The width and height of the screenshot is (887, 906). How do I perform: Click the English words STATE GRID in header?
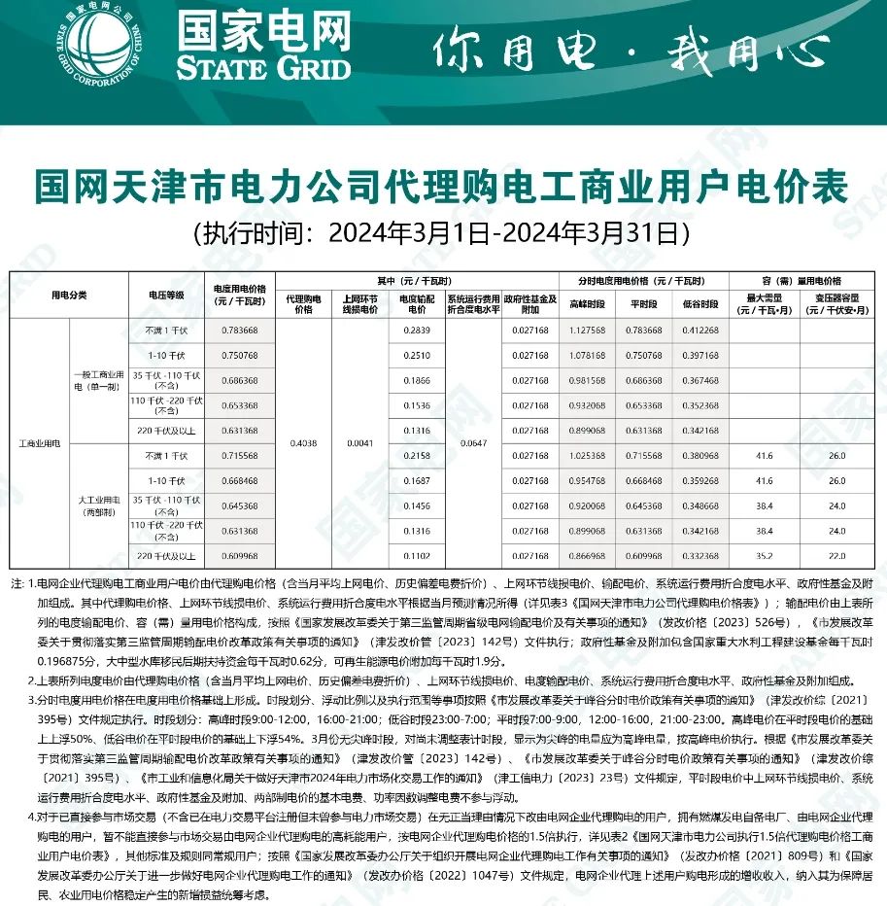point(262,68)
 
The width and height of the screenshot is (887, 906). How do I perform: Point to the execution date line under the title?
point(442,233)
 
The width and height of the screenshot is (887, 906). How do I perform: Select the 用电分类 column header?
point(69,295)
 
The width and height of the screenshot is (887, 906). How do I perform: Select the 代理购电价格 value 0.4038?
point(304,443)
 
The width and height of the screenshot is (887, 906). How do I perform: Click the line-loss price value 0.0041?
point(359,443)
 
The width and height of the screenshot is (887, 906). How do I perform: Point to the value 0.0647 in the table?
point(473,443)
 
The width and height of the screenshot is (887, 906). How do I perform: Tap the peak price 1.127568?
point(587,331)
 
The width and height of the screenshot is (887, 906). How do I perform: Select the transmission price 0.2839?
point(416,331)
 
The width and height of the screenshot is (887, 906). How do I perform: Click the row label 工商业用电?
point(39,443)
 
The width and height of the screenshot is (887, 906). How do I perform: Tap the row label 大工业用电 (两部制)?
point(98,505)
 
